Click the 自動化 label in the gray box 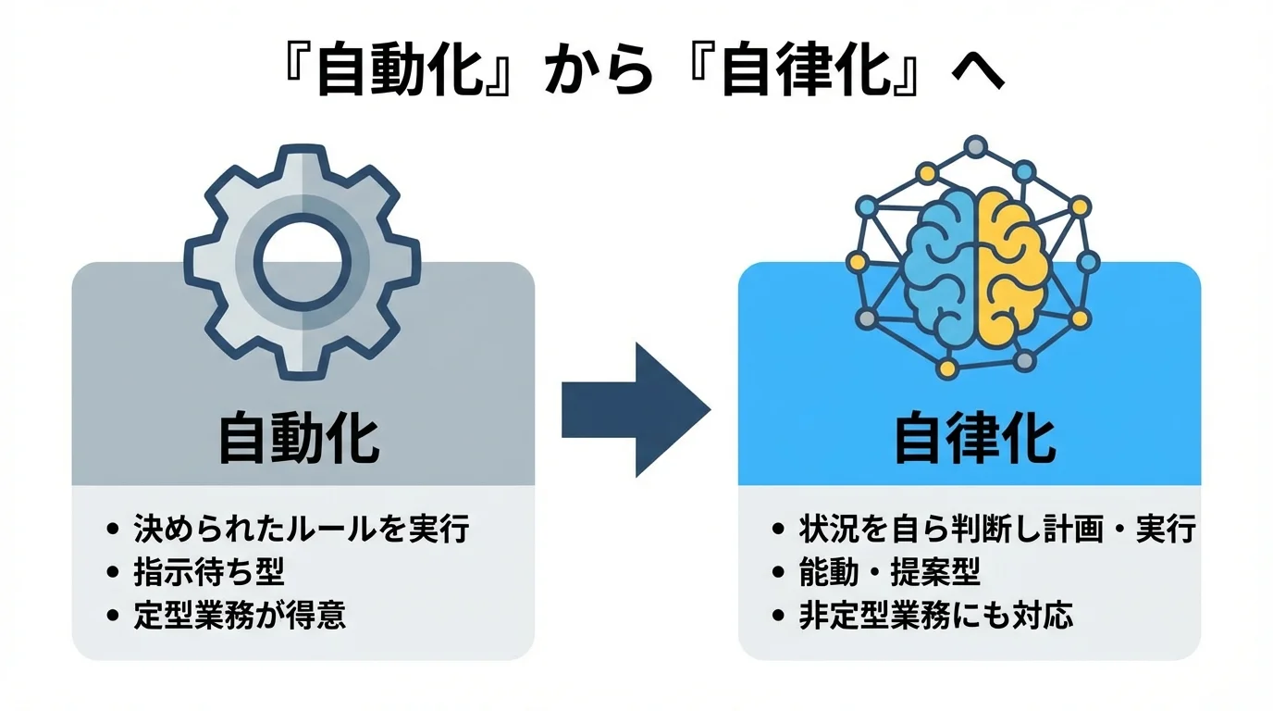coord(299,439)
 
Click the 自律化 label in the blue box coord(974,439)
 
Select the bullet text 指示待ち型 coord(209,572)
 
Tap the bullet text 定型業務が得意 coord(240,616)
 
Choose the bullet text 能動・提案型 coord(889,572)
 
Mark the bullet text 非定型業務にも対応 coord(935,616)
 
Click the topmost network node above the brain coord(974,146)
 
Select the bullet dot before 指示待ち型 coord(113,573)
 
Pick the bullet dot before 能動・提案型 coord(778,573)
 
